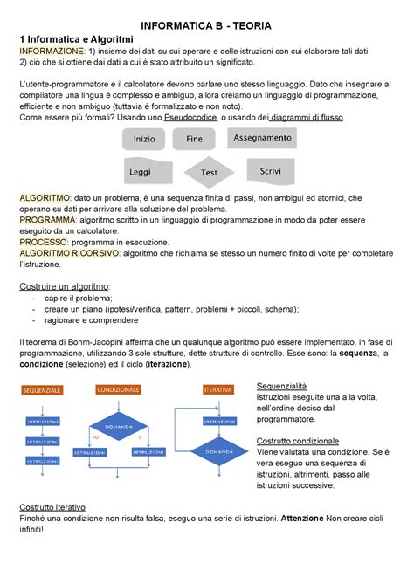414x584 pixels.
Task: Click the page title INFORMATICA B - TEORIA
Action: click(208, 26)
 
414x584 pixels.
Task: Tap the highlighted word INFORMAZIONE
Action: click(52, 52)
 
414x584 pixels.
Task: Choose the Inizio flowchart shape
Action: click(144, 140)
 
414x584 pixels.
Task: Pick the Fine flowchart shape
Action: click(194, 139)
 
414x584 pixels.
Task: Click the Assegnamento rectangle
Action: click(262, 138)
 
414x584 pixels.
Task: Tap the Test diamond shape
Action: click(209, 172)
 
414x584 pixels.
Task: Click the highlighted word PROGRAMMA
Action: click(47, 221)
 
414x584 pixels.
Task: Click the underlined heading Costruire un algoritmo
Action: click(66, 286)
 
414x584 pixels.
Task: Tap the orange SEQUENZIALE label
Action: click(42, 389)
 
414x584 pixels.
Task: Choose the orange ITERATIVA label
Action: click(217, 388)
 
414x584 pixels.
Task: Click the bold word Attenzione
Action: click(305, 518)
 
